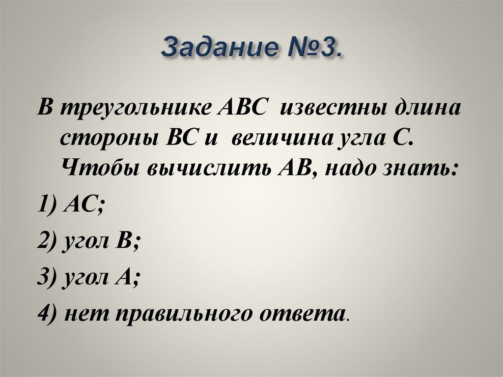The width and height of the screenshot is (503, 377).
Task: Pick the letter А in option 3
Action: [129, 277]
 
